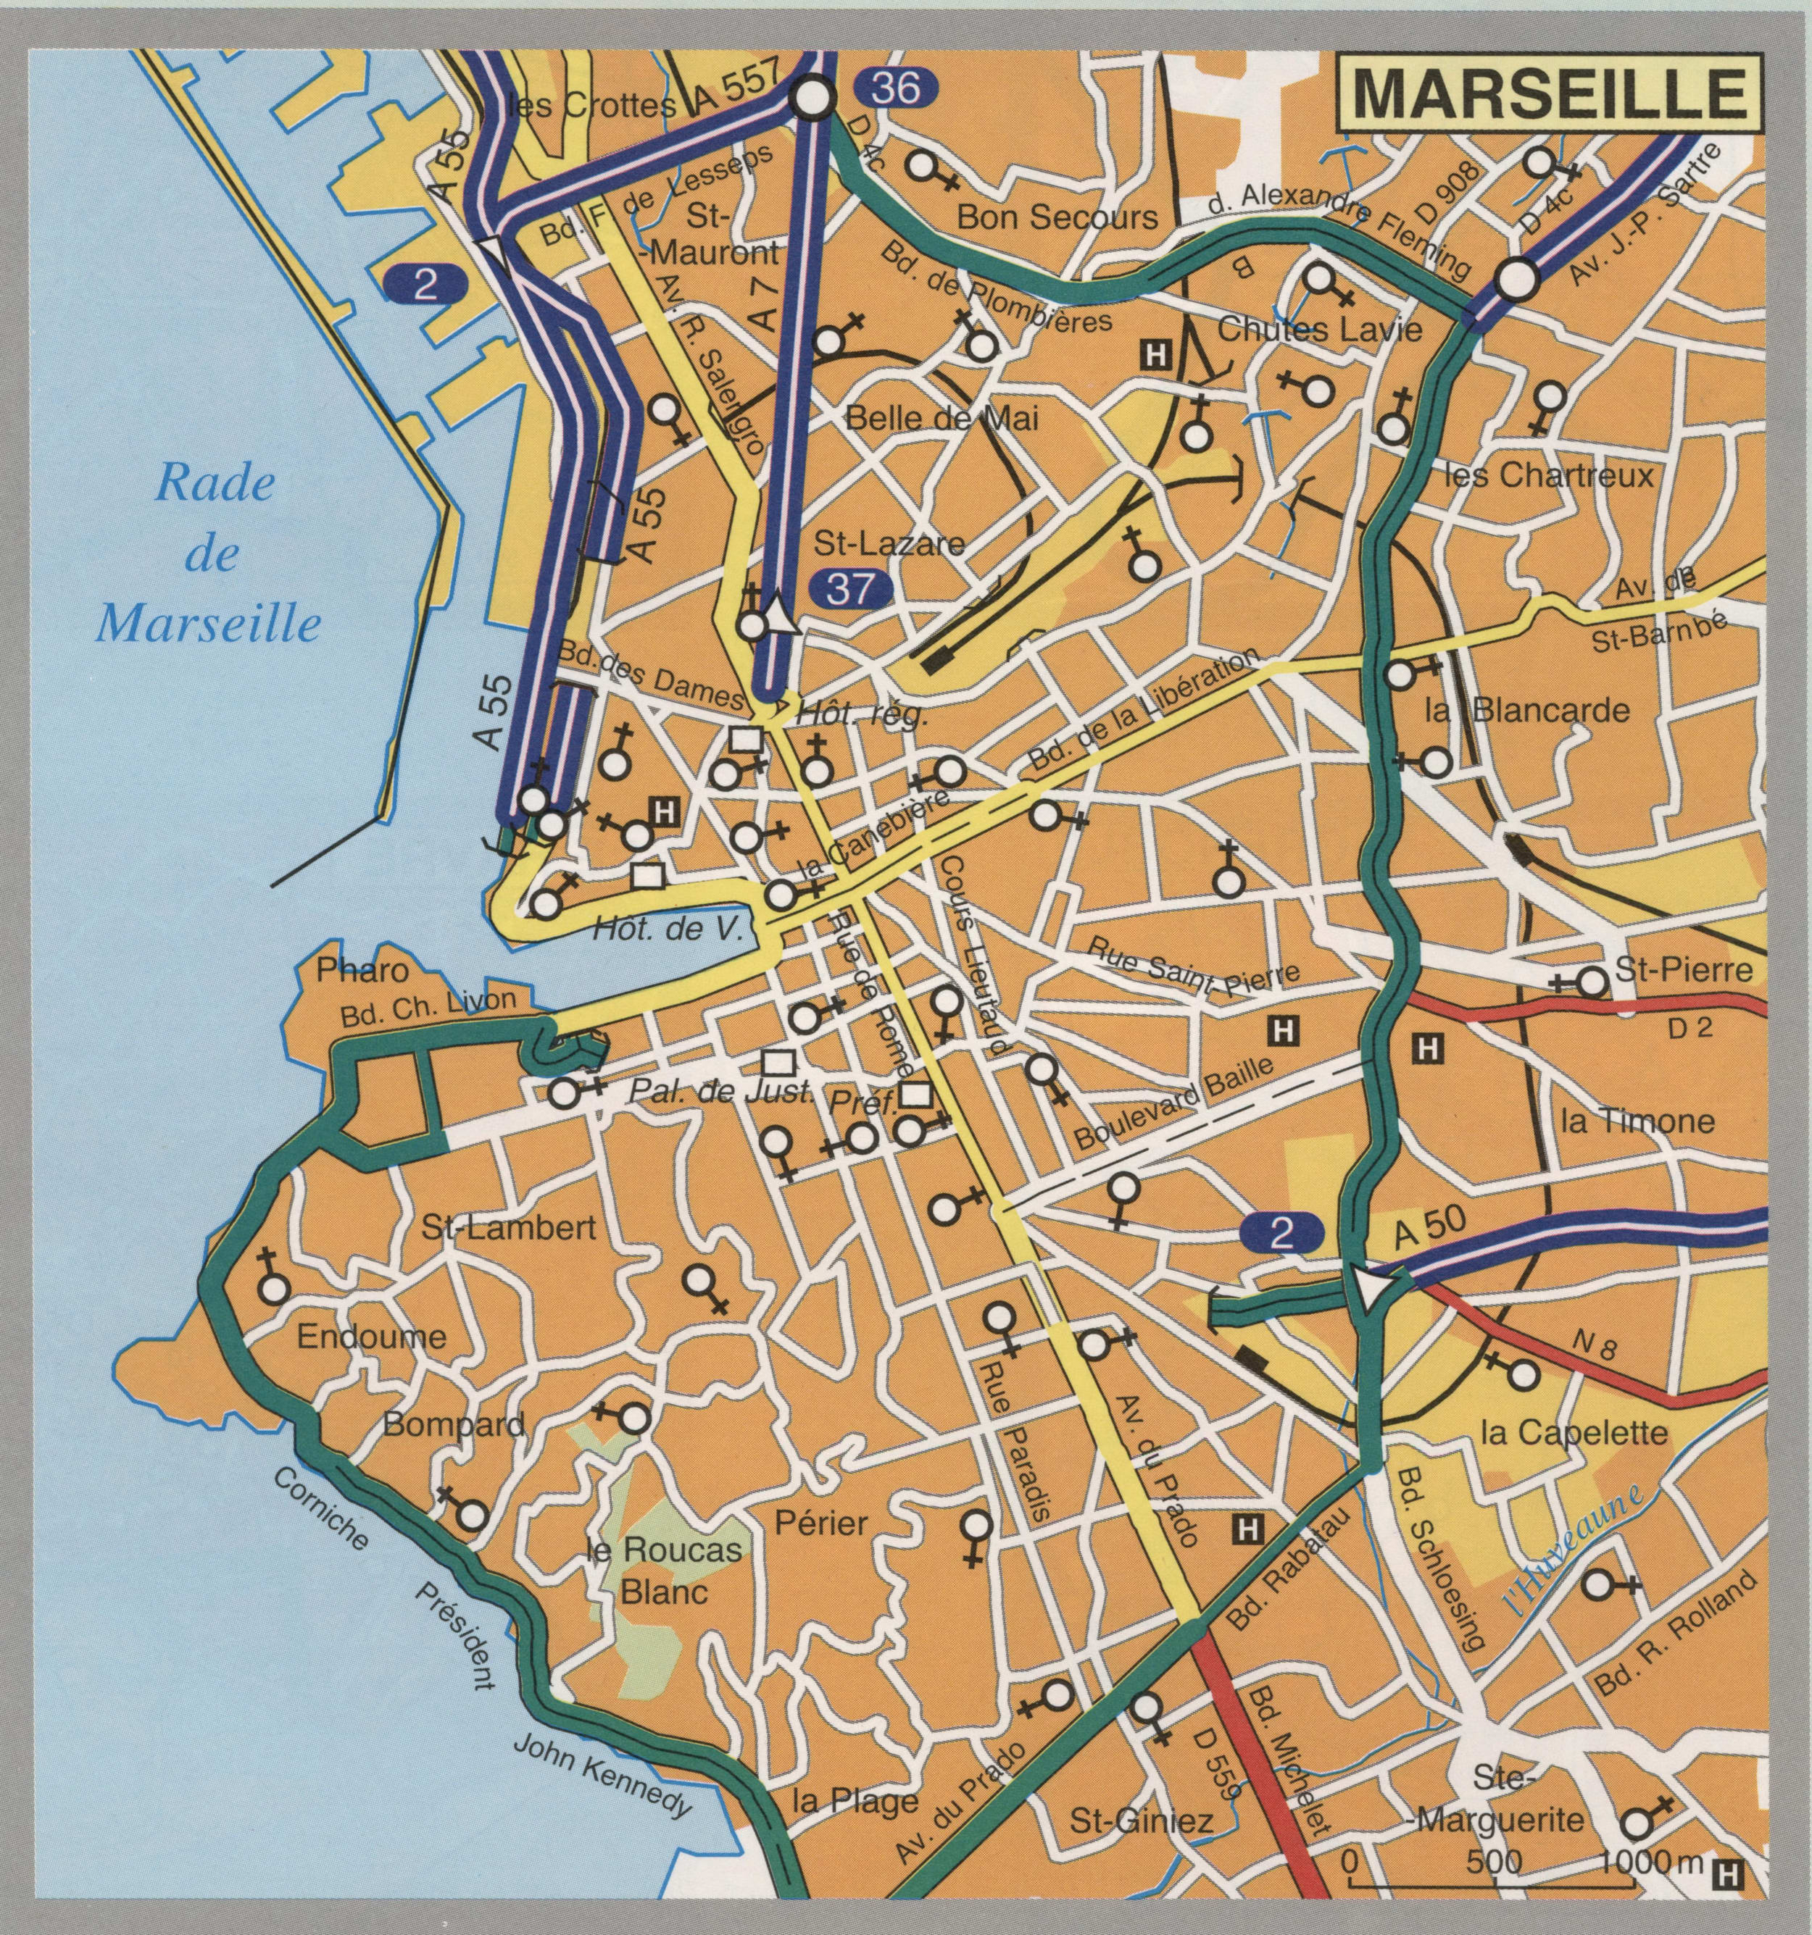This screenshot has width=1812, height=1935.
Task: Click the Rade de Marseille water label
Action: pyautogui.click(x=209, y=555)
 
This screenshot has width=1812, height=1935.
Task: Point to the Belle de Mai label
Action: pyautogui.click(x=942, y=419)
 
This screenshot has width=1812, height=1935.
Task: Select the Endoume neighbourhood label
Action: pyautogui.click(x=371, y=1337)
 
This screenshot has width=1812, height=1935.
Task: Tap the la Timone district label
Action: pyautogui.click(x=1636, y=1122)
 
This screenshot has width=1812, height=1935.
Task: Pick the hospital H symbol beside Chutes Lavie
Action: pyautogui.click(x=1155, y=354)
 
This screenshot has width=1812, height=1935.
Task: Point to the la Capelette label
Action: pyautogui.click(x=1574, y=1434)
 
